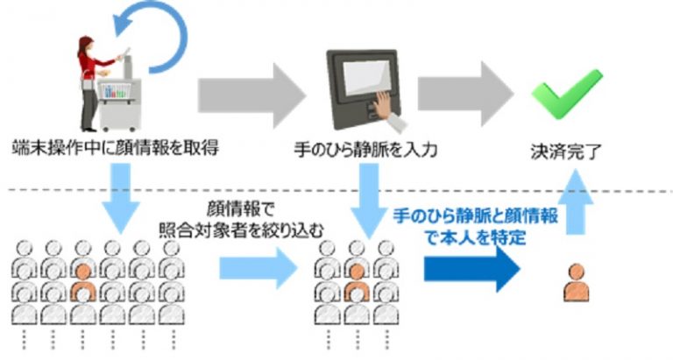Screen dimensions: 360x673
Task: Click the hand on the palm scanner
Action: point(380,106)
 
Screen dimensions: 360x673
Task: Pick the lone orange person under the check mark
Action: point(575,281)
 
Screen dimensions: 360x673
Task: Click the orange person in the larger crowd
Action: point(84,279)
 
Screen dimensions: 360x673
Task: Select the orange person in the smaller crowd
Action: point(355,279)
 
